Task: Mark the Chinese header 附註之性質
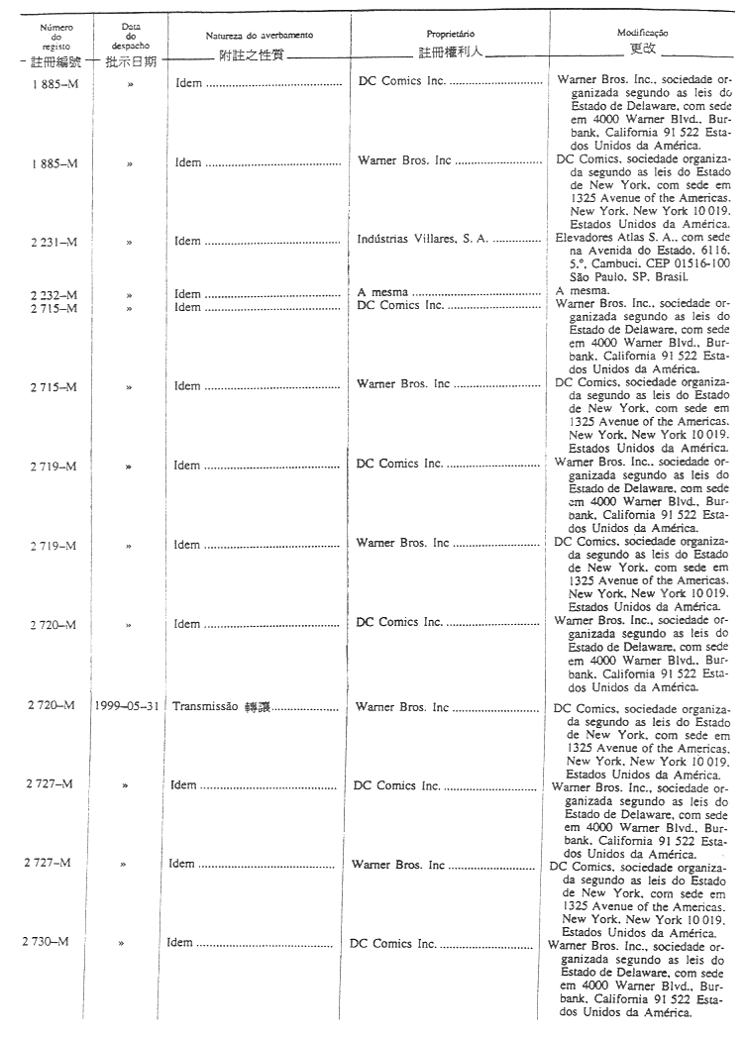point(250,52)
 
